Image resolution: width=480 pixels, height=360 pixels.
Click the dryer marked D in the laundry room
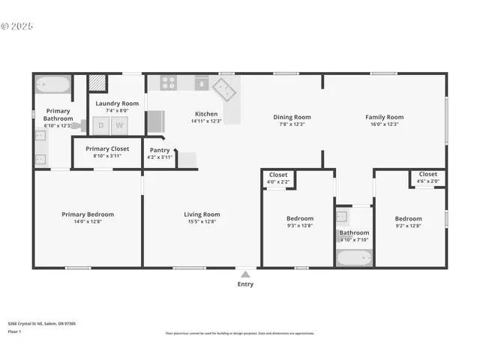click(x=101, y=125)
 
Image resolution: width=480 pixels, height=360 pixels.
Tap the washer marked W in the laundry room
click(x=118, y=125)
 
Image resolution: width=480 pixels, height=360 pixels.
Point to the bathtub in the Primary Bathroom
click(x=52, y=84)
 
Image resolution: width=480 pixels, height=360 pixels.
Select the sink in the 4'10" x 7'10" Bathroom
click(x=342, y=217)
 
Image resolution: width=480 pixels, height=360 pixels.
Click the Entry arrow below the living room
click(x=245, y=273)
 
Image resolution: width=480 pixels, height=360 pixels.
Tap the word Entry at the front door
click(x=245, y=284)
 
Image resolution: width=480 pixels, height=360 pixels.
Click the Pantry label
click(x=160, y=150)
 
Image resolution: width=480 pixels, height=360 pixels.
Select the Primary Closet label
click(x=107, y=148)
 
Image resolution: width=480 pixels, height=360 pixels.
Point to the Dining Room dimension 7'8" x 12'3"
click(x=292, y=124)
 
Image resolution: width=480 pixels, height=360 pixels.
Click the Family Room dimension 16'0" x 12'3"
click(x=384, y=124)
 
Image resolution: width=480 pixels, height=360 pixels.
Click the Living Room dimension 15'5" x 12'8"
click(x=202, y=223)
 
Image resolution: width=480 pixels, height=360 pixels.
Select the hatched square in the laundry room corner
click(x=97, y=82)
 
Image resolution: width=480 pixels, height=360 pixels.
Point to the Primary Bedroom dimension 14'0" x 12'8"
click(x=88, y=223)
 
